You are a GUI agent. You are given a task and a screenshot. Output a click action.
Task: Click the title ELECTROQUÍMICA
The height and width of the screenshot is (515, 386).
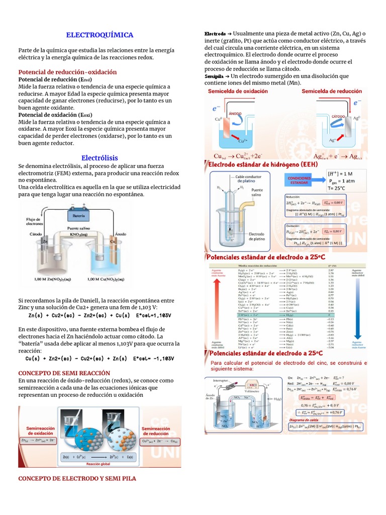point(100,35)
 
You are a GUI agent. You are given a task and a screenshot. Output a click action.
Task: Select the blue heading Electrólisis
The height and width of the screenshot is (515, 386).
point(100,158)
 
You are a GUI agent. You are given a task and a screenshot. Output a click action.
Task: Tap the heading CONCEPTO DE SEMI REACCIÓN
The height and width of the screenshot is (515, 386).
point(64,373)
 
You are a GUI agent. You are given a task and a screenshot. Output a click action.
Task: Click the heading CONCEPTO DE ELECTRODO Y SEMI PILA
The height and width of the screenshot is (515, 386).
point(77,478)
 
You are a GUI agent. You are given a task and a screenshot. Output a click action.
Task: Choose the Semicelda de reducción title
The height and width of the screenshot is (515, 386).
point(332,91)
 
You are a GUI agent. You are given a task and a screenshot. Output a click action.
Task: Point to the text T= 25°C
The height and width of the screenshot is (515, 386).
point(341,189)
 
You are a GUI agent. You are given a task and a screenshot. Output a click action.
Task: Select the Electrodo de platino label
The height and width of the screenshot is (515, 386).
point(257,236)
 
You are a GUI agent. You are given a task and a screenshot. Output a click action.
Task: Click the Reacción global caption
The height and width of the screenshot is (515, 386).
point(98,464)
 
